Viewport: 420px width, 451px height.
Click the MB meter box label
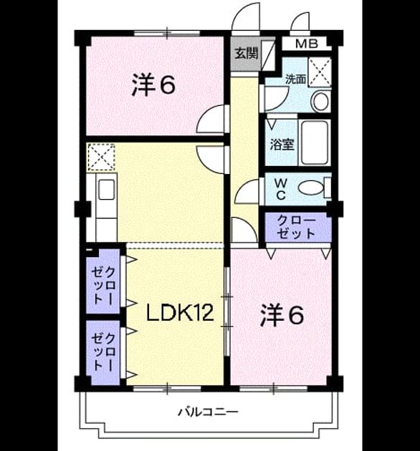click(307, 44)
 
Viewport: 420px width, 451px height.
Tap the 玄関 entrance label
click(246, 54)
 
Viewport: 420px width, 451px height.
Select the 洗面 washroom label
click(295, 79)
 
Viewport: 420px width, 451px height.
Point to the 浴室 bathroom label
click(282, 145)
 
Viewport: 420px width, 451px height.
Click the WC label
click(280, 189)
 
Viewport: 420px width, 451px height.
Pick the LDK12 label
click(180, 313)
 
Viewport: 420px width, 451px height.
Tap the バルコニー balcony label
click(208, 412)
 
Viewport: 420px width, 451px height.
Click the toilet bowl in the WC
click(310, 188)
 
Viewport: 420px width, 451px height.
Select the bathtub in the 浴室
click(314, 142)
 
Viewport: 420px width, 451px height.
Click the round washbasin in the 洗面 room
click(320, 101)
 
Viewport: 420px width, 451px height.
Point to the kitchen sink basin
click(106, 189)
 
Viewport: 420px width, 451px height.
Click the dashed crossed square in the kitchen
click(101, 157)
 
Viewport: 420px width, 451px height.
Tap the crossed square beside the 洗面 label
click(320, 72)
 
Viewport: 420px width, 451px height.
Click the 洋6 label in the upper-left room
click(153, 85)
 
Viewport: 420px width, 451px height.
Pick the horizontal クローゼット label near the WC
click(296, 227)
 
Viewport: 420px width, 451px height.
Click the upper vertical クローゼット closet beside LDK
click(103, 281)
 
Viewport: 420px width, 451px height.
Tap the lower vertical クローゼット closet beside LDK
click(103, 353)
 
